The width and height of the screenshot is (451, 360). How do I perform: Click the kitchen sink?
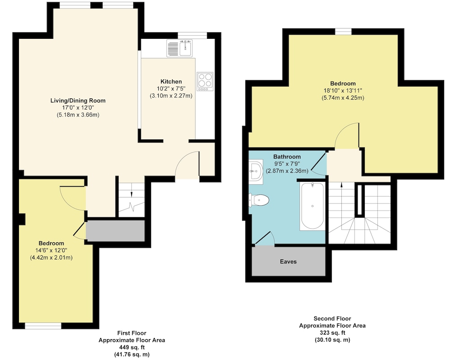(180, 48)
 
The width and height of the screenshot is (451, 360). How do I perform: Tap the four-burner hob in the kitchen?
(205, 82)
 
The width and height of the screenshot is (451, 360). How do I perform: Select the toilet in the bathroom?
(259, 200)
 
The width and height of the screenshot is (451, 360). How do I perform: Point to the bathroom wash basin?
(256, 171)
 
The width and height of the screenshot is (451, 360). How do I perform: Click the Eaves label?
(288, 262)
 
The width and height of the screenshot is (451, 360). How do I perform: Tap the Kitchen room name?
(171, 82)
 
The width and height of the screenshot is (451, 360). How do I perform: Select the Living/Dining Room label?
(78, 101)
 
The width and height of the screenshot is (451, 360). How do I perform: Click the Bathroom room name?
(287, 157)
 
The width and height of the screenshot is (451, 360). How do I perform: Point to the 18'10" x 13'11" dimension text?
(343, 91)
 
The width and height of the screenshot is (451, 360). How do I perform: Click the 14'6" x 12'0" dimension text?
(51, 250)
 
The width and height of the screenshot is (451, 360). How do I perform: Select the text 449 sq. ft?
(132, 347)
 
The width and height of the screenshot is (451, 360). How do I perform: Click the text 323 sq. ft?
(332, 332)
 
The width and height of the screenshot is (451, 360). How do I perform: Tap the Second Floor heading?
(332, 318)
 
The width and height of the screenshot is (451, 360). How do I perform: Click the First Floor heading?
(132, 333)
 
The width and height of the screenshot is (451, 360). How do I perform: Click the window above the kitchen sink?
(192, 35)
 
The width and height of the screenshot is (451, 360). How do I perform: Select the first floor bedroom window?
(43, 326)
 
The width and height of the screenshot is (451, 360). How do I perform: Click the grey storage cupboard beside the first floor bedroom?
(115, 231)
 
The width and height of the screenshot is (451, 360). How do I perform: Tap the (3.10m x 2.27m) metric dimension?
(171, 96)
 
